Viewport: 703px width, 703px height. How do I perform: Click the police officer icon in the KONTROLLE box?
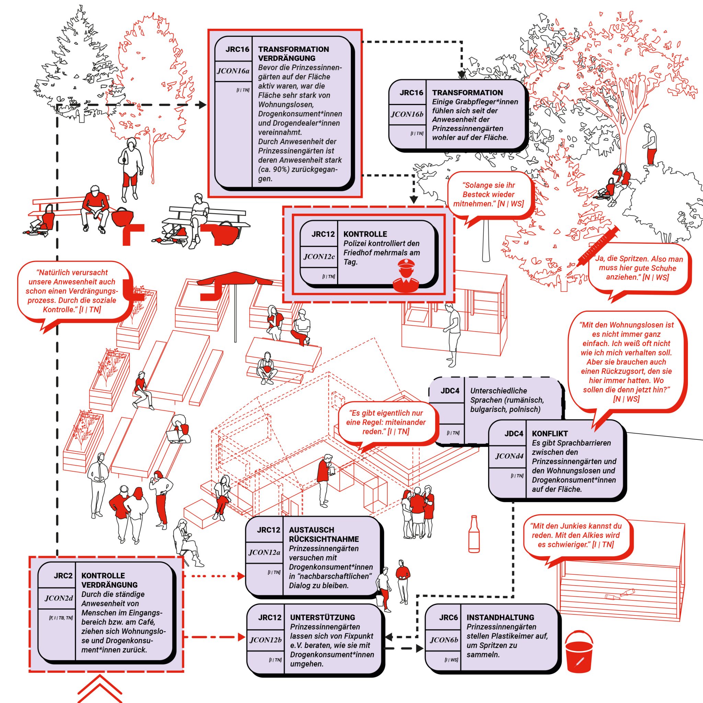(x=406, y=276)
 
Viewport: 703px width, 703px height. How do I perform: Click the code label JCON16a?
(x=233, y=71)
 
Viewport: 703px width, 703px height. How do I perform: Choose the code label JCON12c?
(x=319, y=256)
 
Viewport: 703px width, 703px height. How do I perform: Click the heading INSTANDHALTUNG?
(x=500, y=618)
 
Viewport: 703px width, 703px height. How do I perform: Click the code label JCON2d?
(x=59, y=598)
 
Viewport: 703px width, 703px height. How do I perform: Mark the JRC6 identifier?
(x=448, y=618)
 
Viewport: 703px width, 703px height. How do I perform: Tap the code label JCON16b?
(x=407, y=114)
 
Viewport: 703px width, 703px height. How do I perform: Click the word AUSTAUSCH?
(x=311, y=530)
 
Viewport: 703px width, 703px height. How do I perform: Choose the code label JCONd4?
(x=509, y=456)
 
